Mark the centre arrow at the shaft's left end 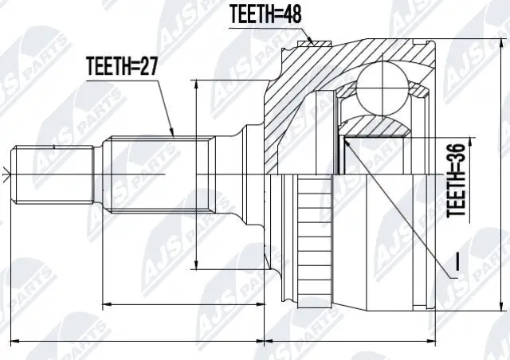7,174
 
